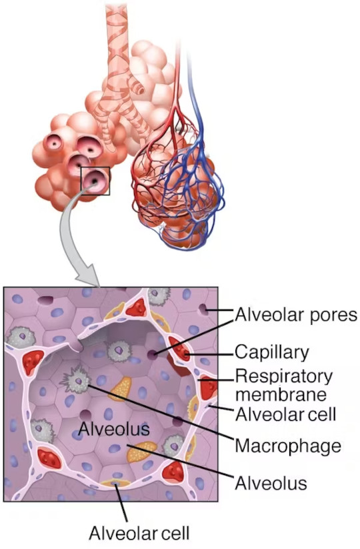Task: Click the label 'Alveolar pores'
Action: (x=296, y=315)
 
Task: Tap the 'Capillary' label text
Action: (x=272, y=352)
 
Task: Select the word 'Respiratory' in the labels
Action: (x=284, y=377)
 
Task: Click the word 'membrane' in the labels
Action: (x=281, y=394)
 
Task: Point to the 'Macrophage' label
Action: (x=288, y=446)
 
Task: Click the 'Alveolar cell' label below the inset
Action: (x=139, y=533)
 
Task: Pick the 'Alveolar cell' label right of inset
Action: (x=285, y=414)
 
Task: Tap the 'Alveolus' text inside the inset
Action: (x=114, y=428)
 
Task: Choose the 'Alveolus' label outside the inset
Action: (x=271, y=484)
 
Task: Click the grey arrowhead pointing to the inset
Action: (x=87, y=277)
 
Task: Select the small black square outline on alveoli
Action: (x=95, y=181)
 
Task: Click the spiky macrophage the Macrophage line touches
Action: (x=76, y=380)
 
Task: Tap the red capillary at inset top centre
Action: (x=137, y=308)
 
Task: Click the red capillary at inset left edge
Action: (x=32, y=362)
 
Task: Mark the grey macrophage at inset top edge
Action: (x=159, y=296)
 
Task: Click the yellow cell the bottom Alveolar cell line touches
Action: (x=115, y=483)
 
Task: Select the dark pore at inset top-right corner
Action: (x=203, y=310)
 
